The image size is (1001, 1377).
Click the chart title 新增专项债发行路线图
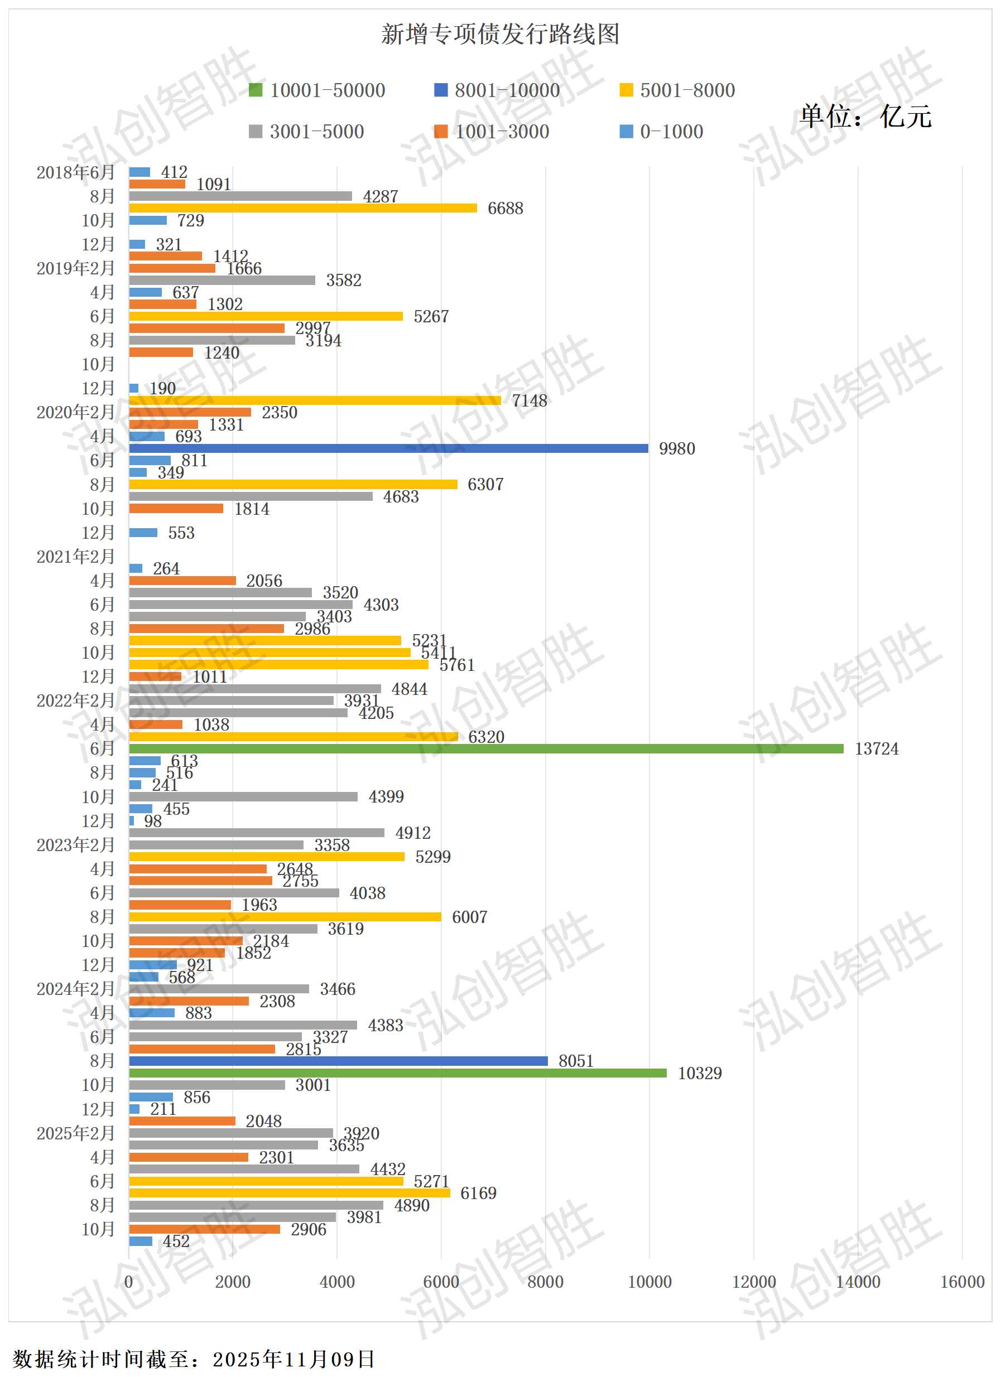[500, 34]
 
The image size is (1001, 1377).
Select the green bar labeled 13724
[486, 748]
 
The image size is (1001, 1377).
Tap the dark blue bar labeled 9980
[389, 448]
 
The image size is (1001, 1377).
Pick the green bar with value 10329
[398, 1073]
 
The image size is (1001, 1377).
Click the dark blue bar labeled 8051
[338, 1061]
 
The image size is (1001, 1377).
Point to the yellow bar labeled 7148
[315, 400]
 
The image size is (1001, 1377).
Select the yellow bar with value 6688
[302, 208]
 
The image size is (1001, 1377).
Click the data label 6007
[469, 917]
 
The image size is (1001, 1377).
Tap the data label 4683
[401, 496]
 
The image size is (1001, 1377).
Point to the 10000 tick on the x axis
[649, 1282]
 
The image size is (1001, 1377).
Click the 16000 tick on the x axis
[962, 1282]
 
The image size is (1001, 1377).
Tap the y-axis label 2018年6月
[75, 172]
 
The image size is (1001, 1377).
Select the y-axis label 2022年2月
[75, 700]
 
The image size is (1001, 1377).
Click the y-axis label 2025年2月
[75, 1133]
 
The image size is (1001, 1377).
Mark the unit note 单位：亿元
[865, 116]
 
